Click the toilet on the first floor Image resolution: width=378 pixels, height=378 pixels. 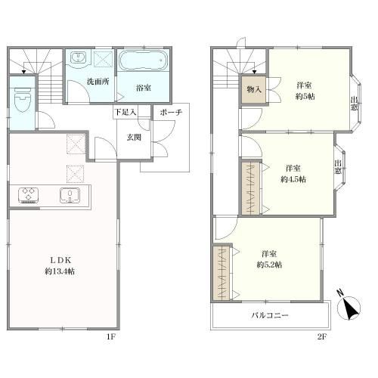click(x=22, y=98)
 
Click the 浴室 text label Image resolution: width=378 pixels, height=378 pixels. click(x=144, y=88)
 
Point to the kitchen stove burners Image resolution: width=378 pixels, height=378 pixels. click(x=29, y=194)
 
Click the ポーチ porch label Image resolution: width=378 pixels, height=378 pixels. click(x=171, y=112)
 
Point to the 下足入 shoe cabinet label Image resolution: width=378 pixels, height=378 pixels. click(x=125, y=113)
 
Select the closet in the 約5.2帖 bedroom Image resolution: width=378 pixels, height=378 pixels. click(x=222, y=273)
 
